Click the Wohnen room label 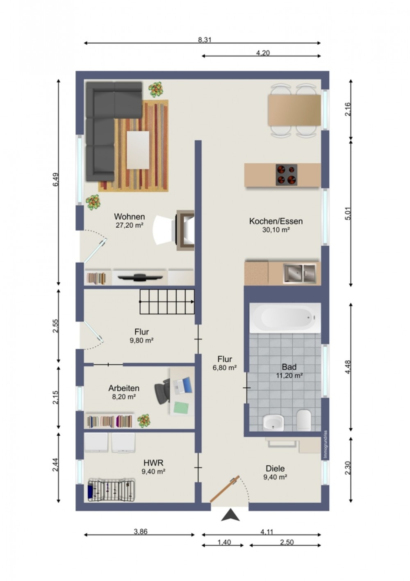pos(129,216)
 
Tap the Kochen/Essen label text pos(276,221)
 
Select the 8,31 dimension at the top pos(205,40)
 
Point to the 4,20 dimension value pos(263,53)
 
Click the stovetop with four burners pos(286,175)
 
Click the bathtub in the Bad pos(285,318)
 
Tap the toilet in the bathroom pos(303,420)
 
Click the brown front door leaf pos(224,489)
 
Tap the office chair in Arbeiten pos(162,391)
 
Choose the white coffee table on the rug pos(138,150)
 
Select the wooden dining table pos(294,110)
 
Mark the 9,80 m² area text pos(141,340)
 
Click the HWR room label pos(153,462)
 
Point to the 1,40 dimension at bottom pos(224,542)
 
